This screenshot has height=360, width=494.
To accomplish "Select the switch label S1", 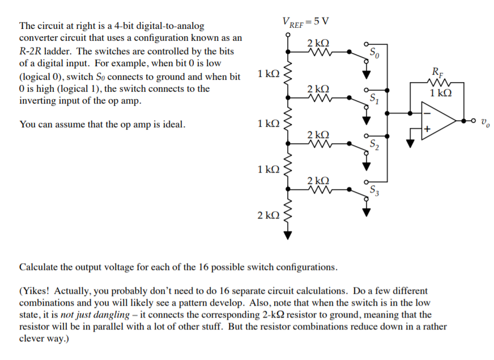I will pyautogui.click(x=374, y=100).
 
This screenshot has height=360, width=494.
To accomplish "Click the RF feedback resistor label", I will pyautogui.click(x=438, y=72).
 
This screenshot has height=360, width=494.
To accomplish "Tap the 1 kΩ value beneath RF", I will pyautogui.click(x=441, y=93).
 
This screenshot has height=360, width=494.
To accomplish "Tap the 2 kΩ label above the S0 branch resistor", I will pyautogui.click(x=318, y=43).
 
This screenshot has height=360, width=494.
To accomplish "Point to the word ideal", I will pyautogui.click(x=173, y=124).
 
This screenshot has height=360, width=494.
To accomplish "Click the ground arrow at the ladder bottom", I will pyautogui.click(x=288, y=236).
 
